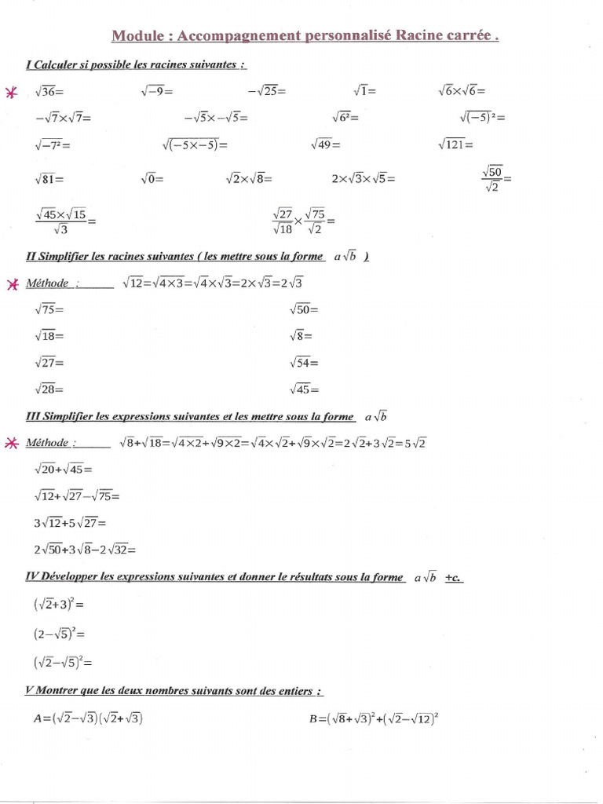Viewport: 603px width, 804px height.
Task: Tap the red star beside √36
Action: [x=11, y=93]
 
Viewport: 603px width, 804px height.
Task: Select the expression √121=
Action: [x=456, y=144]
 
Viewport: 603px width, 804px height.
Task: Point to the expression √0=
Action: [x=152, y=179]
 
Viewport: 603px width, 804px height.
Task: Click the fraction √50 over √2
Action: [x=495, y=179]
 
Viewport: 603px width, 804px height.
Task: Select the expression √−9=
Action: [x=156, y=92]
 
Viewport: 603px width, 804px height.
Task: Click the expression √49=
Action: [x=326, y=144]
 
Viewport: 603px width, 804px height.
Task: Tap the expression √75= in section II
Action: [x=49, y=309]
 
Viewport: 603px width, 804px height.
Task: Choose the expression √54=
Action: [x=304, y=363]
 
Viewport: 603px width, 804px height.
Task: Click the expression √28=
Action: [x=49, y=389]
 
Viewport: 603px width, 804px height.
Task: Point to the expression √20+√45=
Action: [x=64, y=470]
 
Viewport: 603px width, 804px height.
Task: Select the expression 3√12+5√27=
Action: [x=70, y=522]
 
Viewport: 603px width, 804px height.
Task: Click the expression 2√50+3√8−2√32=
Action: [x=86, y=550]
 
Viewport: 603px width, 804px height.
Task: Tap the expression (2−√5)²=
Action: [x=59, y=633]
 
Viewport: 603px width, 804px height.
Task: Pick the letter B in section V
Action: [x=315, y=718]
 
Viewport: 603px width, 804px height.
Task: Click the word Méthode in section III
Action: [x=47, y=443]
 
